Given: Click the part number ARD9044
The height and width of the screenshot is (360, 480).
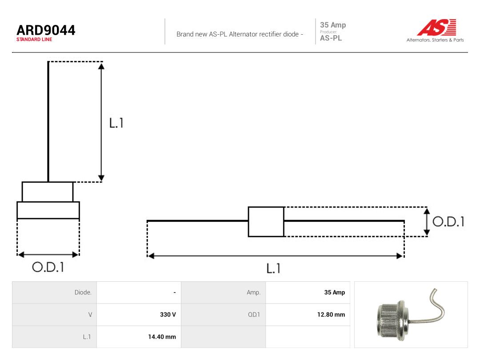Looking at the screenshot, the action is pos(46,30).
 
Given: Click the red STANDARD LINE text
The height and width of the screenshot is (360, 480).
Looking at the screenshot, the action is pos(34,40).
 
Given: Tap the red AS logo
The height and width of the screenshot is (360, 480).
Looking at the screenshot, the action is pos(437,27).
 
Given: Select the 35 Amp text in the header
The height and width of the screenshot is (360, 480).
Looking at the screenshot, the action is pos(333,25).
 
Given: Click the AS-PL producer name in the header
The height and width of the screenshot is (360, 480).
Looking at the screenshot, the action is pos(331,38).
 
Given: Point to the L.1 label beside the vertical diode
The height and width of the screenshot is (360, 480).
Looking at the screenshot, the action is pos(116,123).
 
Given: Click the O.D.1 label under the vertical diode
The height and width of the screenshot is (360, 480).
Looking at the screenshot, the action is pos(48,267).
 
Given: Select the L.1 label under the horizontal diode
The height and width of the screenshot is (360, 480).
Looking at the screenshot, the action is pos(273,268).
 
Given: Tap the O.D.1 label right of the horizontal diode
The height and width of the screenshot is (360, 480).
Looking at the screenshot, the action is pos(448,222).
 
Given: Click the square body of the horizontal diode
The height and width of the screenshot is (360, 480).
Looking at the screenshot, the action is pos(266,222).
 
